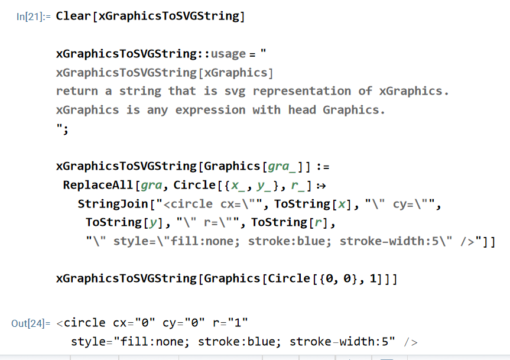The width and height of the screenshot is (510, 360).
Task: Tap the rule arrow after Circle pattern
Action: point(321,185)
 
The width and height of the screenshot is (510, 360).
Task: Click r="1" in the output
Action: point(229,323)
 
